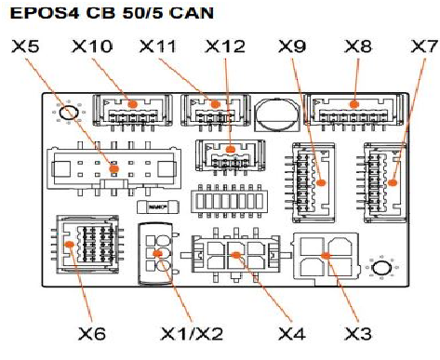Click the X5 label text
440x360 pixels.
coord(25,47)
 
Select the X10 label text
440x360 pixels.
coord(92,47)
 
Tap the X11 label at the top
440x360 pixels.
coord(158,47)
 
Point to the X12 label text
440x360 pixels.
coord(225,47)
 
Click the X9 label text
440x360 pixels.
coord(292,47)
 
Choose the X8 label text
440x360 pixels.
coord(358,47)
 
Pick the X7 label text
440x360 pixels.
coord(424,47)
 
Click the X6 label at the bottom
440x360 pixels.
coord(92,334)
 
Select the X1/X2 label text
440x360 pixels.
coord(192,334)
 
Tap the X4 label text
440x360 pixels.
coord(292,334)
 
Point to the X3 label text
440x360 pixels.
coord(358,334)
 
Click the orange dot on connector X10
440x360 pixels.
coord(132,104)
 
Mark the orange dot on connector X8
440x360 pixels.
coord(354,104)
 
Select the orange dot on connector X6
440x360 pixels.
coord(69,244)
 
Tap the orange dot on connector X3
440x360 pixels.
coord(326,256)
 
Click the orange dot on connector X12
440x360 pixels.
coord(230,150)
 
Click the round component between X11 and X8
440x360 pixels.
coord(277,113)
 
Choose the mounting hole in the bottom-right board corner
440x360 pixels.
coord(382,268)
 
